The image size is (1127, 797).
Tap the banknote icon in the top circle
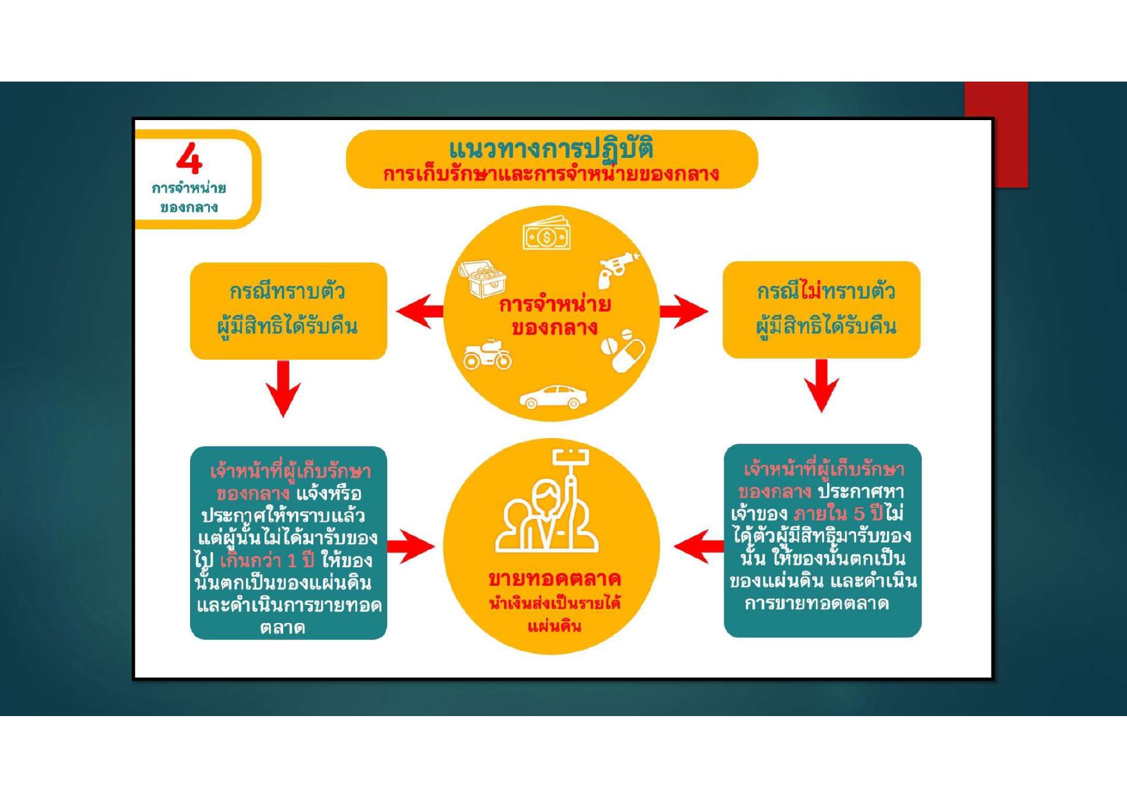(x=546, y=236)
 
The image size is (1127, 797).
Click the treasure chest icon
(x=483, y=277)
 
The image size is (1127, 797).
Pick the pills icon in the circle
(x=622, y=351)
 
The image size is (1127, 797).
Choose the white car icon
(x=553, y=397)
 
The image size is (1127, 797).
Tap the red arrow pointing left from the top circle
(x=420, y=311)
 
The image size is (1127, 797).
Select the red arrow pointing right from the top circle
(x=683, y=311)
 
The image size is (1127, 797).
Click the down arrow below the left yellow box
(x=283, y=388)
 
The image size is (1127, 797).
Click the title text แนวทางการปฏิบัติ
(x=551, y=149)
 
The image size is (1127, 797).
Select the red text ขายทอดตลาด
(x=554, y=579)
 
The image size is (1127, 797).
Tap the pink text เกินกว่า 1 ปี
(x=267, y=561)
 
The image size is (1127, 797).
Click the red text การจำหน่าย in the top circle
(x=554, y=304)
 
